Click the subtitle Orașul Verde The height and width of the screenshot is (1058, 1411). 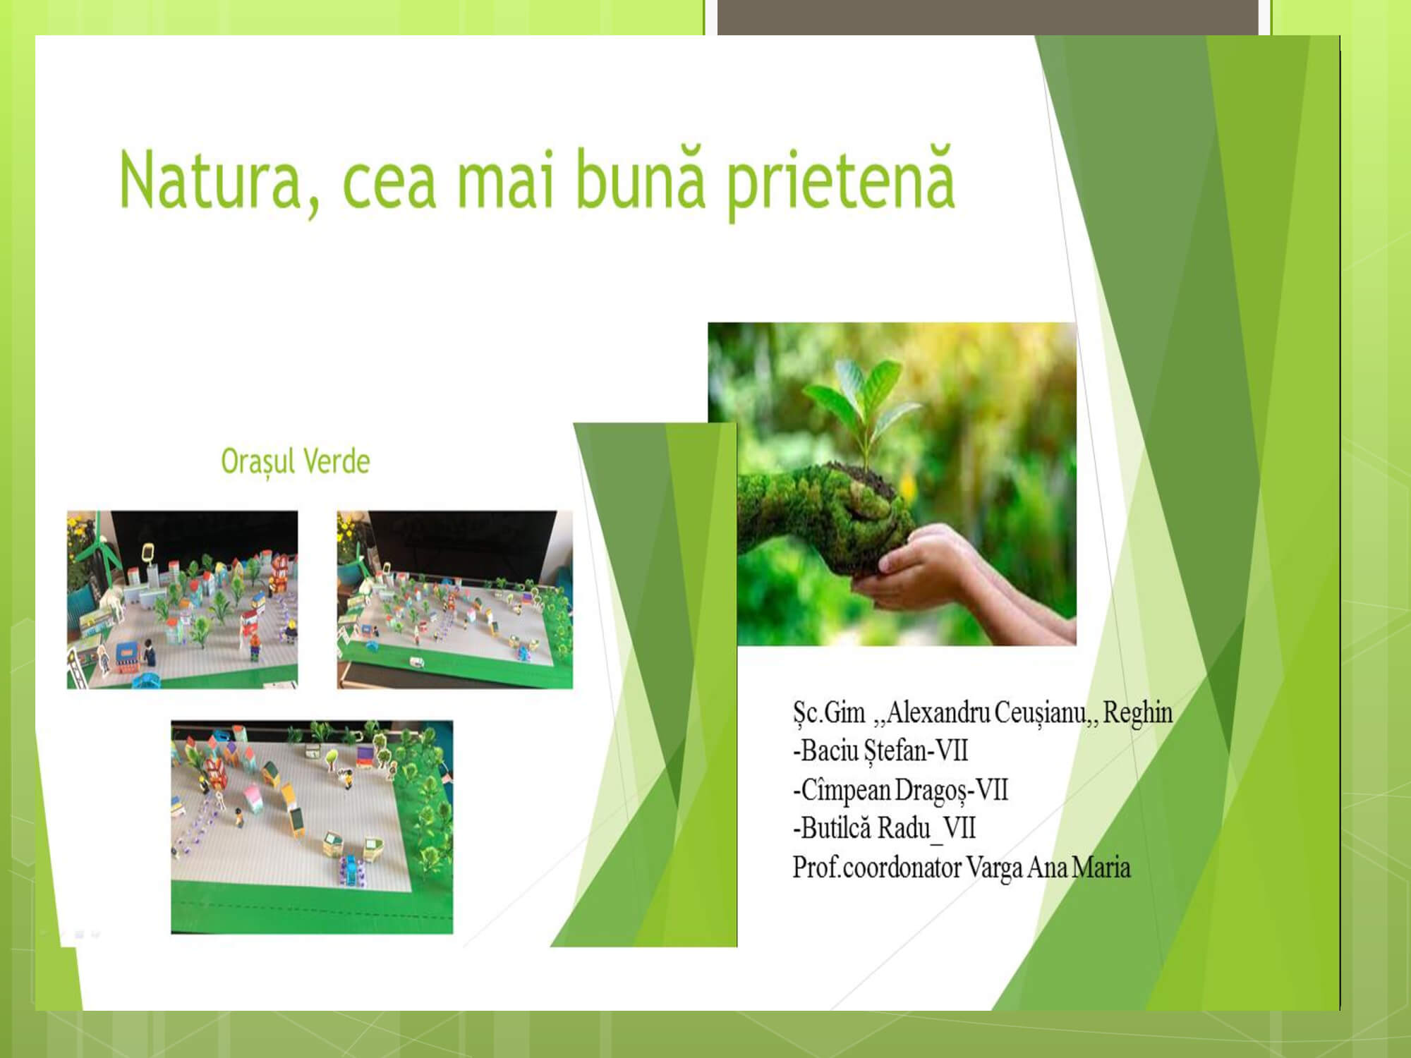(296, 462)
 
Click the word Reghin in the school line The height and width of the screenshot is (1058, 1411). (1138, 712)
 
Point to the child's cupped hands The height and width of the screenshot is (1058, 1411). (910, 568)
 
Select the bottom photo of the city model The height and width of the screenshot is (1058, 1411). (312, 827)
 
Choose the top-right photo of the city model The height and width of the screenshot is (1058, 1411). (455, 600)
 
